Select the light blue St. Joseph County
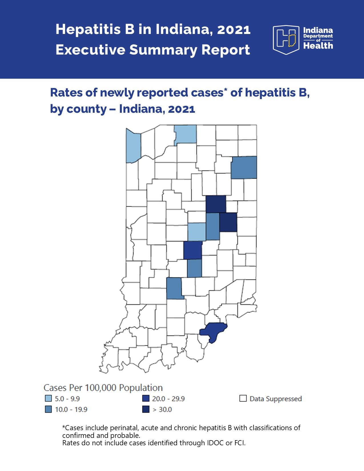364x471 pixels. [186, 134]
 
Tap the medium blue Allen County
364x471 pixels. [244, 167]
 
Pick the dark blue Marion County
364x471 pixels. [193, 250]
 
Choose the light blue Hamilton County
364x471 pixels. [197, 232]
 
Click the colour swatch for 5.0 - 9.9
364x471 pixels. [49, 398]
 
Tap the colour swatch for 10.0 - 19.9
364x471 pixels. [49, 409]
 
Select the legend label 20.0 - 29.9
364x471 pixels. [168, 399]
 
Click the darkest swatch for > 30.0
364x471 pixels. [146, 409]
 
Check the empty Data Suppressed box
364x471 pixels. [243, 398]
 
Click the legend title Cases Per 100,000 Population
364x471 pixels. [103, 388]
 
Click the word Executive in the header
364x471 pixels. [90, 50]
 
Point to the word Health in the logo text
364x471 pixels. [318, 46]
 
